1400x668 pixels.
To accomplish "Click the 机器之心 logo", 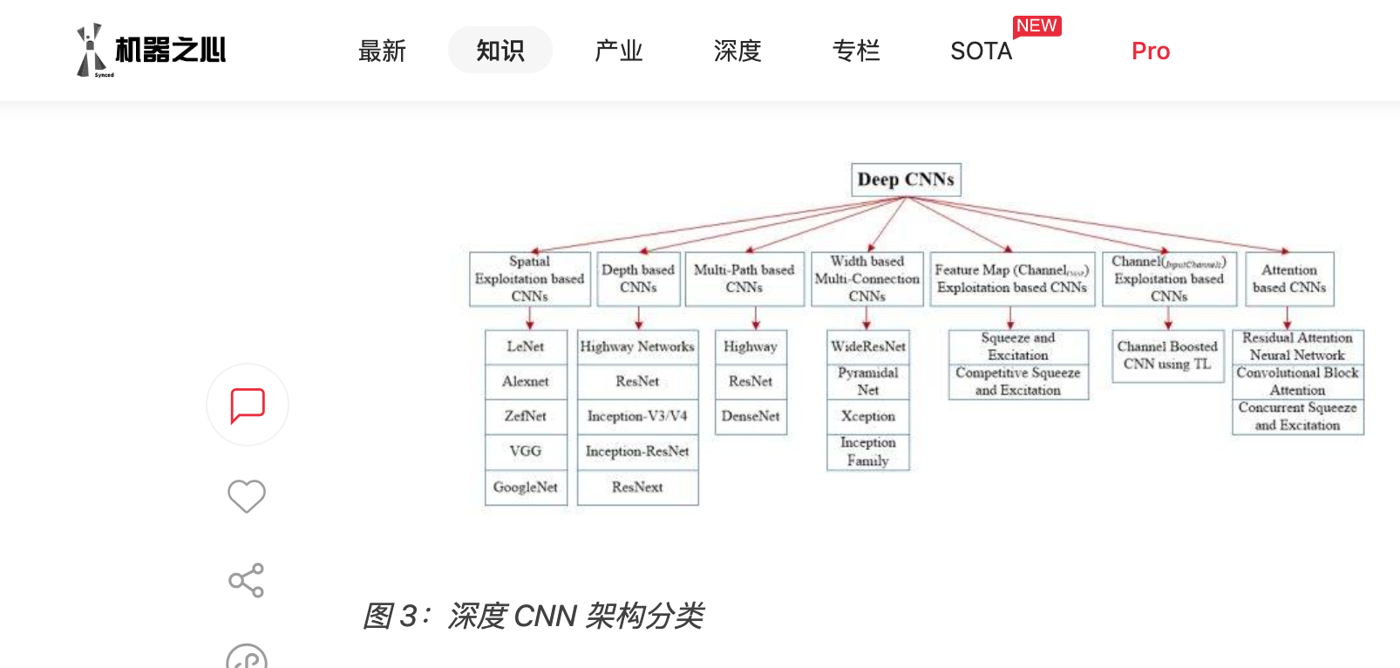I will click(x=152, y=51).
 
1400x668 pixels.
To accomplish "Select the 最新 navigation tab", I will click(x=382, y=51).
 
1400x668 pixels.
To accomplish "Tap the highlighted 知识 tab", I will click(x=500, y=51).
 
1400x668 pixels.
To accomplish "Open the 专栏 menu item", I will click(x=856, y=51).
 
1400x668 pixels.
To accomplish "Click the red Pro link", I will click(x=1151, y=51).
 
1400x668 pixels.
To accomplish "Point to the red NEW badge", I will click(x=1036, y=26).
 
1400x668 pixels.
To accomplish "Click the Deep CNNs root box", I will click(x=906, y=180).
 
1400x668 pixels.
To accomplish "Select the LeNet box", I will click(x=526, y=346).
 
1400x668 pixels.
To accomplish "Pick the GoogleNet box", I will click(x=526, y=487).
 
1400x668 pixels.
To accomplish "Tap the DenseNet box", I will click(x=751, y=416).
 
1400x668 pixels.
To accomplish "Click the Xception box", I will click(x=868, y=416).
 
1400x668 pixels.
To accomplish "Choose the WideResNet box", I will click(x=868, y=346).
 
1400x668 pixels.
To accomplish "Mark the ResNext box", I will click(x=637, y=487).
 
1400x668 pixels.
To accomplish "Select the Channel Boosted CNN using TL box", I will click(x=1167, y=355).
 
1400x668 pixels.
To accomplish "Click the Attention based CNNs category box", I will click(x=1289, y=279).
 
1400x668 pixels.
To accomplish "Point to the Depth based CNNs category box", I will click(x=638, y=279).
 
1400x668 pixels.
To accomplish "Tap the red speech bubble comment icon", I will click(x=248, y=406).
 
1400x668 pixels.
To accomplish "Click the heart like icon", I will click(x=247, y=496).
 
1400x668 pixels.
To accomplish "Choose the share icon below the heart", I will click(x=247, y=580).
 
